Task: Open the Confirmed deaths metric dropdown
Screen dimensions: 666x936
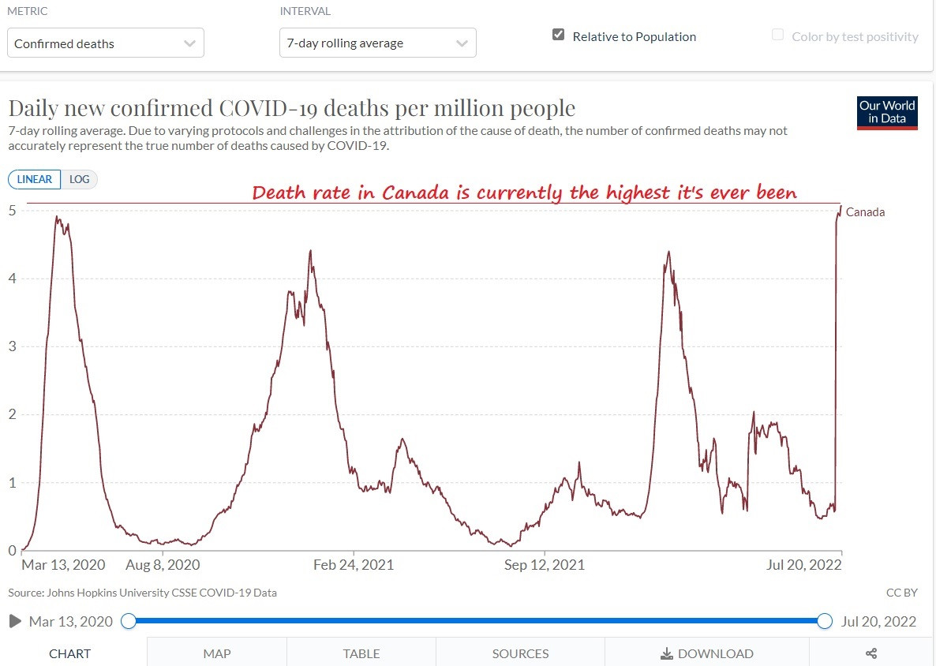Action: click(x=106, y=43)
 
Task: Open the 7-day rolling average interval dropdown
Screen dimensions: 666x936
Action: click(x=377, y=43)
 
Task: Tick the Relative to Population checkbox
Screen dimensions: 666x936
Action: click(x=559, y=36)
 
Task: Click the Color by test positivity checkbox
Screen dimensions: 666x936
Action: click(x=778, y=36)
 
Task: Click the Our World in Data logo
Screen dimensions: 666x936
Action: click(x=887, y=113)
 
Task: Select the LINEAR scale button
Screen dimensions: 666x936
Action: click(x=34, y=179)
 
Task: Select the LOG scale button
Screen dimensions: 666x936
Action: click(x=79, y=179)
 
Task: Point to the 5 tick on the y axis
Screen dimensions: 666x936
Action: click(x=13, y=210)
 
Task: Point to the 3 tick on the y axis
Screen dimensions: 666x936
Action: click(x=13, y=346)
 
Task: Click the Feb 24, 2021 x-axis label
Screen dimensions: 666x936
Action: click(x=354, y=565)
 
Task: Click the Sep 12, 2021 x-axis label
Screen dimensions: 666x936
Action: click(x=545, y=565)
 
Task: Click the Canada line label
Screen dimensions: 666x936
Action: click(x=865, y=211)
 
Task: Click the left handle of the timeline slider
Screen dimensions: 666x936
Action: click(x=129, y=622)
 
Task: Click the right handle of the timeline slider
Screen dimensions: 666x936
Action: click(x=825, y=622)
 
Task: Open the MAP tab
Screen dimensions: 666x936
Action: click(x=217, y=653)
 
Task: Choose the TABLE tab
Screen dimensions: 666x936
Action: click(x=361, y=653)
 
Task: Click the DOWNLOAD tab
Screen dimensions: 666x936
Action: click(x=707, y=653)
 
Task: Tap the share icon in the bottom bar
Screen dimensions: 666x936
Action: click(x=872, y=653)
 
